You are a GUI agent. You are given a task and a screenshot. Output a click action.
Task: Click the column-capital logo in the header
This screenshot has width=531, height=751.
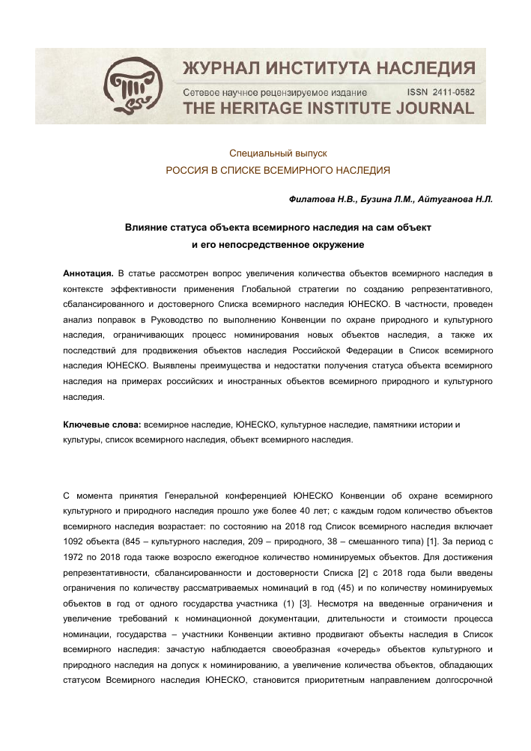coord(132,85)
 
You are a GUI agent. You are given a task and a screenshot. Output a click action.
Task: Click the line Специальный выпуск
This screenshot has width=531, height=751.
coord(278,153)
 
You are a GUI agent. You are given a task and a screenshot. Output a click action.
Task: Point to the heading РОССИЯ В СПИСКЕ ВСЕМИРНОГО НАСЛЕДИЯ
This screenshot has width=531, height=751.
coord(278,171)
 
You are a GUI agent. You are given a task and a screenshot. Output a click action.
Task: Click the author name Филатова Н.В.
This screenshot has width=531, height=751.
coord(318,199)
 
